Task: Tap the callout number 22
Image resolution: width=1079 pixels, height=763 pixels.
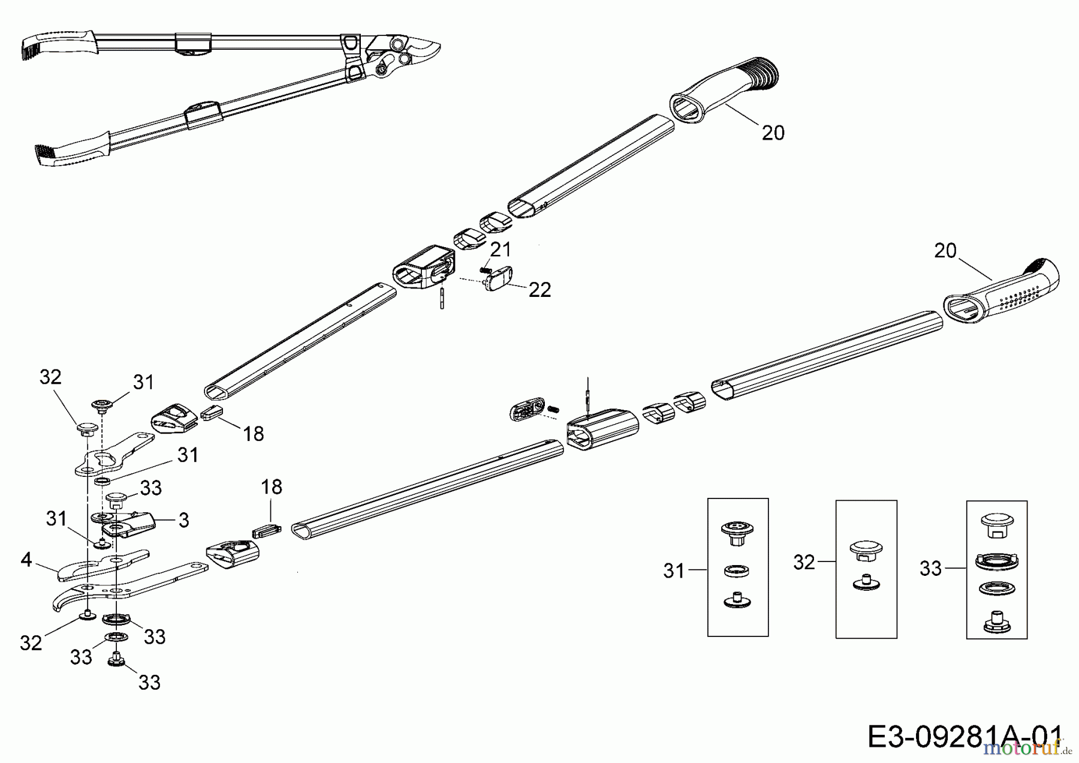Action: tap(539, 290)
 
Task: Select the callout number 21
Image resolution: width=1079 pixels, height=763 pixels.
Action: tap(501, 249)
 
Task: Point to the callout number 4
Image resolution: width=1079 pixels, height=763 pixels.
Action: tap(26, 560)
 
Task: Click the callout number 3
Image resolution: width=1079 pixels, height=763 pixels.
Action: tap(184, 520)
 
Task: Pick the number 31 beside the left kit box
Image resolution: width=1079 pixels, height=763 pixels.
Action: tap(674, 570)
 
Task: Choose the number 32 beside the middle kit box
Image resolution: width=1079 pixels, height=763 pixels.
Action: tap(804, 562)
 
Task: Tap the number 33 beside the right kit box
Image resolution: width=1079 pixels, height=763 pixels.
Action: tap(930, 568)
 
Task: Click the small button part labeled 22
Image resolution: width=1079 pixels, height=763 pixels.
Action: tap(498, 279)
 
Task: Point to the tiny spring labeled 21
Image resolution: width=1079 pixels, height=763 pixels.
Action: tap(486, 270)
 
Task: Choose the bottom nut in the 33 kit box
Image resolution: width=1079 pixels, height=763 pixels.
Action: tap(996, 621)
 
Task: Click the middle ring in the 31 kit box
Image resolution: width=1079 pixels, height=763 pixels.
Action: tap(737, 570)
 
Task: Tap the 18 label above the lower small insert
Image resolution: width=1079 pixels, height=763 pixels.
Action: tap(271, 486)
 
